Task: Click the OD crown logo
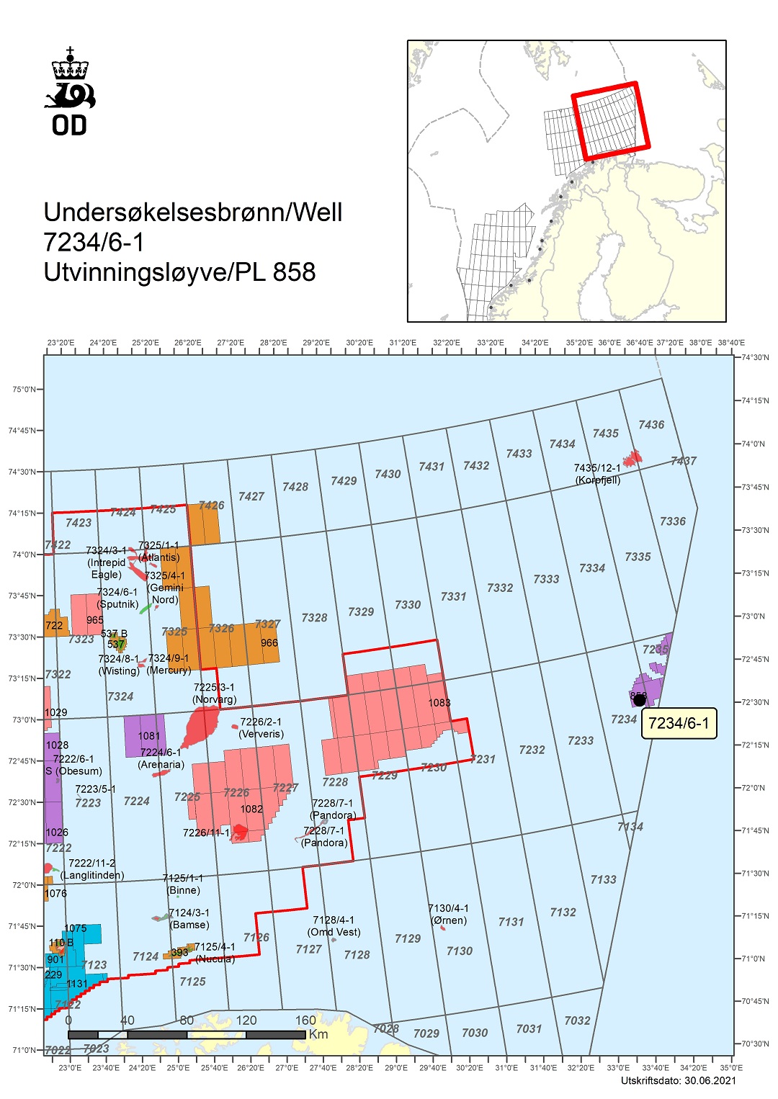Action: point(70,92)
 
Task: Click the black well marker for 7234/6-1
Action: point(639,700)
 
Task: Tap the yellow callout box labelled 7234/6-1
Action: point(679,723)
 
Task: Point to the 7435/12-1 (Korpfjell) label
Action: point(597,474)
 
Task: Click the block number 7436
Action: point(651,425)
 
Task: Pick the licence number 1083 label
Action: point(439,703)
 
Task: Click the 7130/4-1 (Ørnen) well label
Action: point(448,914)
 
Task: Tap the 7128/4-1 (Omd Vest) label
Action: point(334,925)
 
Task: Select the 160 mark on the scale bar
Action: point(305,1020)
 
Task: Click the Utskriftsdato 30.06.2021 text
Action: point(678,1080)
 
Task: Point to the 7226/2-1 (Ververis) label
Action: point(261,727)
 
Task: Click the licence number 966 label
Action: point(269,642)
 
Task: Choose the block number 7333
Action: point(546,579)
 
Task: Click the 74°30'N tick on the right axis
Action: point(755,358)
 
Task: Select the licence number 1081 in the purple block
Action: point(149,735)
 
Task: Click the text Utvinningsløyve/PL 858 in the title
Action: point(179,272)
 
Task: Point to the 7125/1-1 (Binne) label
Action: point(183,884)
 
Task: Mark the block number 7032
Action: point(577,1020)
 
